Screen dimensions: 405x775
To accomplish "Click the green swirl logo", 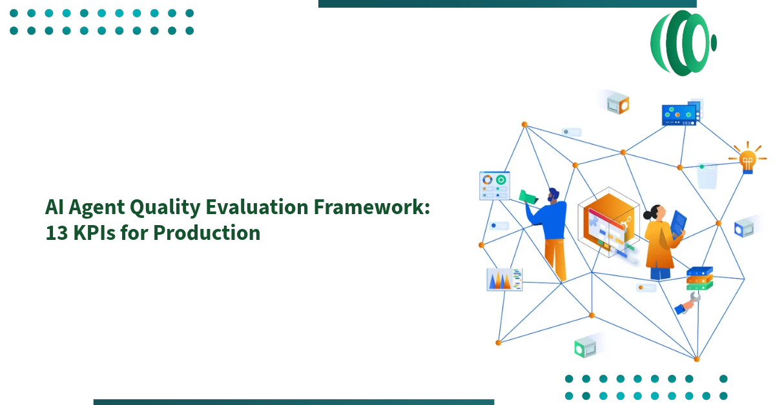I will (x=683, y=43).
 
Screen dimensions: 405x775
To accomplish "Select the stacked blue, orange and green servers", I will (x=699, y=279).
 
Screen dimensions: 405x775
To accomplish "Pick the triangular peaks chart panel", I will (x=504, y=279).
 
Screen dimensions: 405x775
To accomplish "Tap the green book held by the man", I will (x=528, y=197).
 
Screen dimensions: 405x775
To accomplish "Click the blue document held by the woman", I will (x=678, y=224).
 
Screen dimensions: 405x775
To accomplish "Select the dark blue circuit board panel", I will (x=679, y=114).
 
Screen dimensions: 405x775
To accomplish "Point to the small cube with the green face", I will (x=584, y=348).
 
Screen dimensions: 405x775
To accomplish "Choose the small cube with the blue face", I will (x=744, y=227).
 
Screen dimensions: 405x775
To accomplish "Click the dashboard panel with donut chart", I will (x=494, y=186).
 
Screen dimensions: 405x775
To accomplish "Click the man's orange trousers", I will (x=555, y=258).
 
